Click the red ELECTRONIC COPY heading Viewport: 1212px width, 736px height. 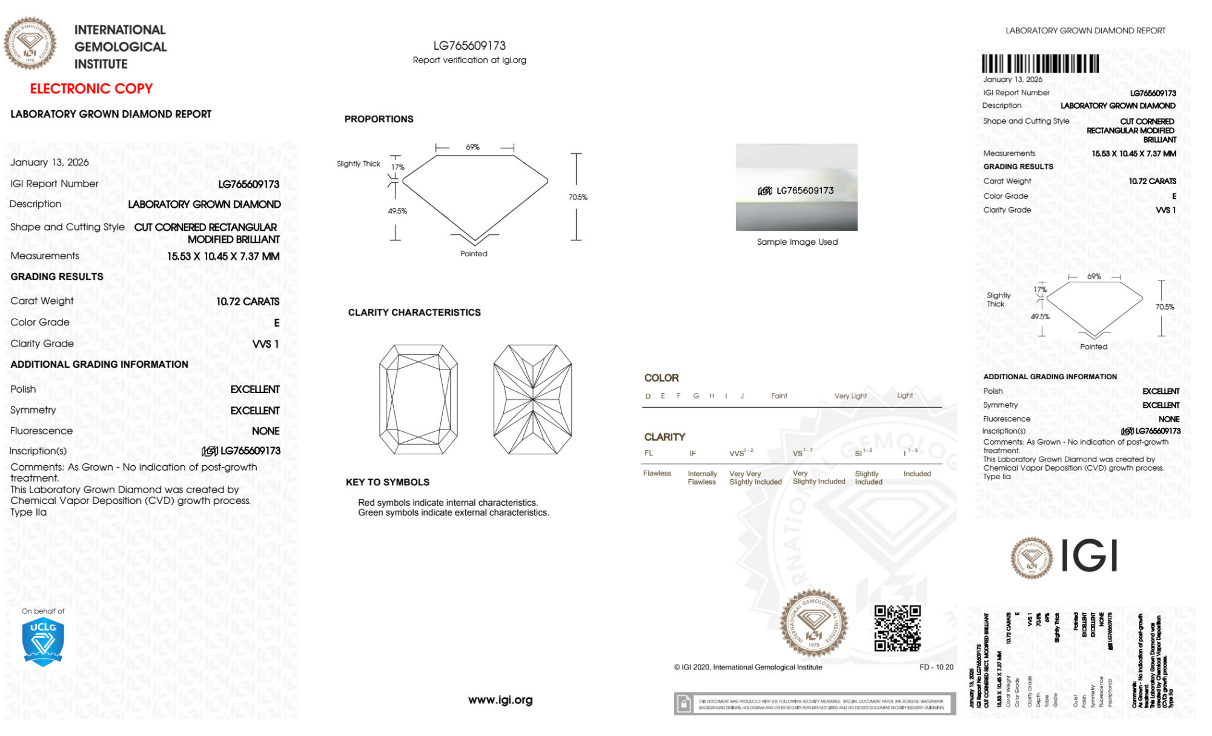click(x=91, y=89)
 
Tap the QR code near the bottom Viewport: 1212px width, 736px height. click(x=897, y=628)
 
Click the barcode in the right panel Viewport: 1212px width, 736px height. click(x=1040, y=64)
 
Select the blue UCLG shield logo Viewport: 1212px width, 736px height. click(x=43, y=642)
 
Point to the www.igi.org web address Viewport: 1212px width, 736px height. click(x=500, y=700)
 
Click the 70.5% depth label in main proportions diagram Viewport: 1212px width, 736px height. click(x=578, y=197)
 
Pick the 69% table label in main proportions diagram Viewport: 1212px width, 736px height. click(x=472, y=147)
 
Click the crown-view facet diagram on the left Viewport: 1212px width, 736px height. click(x=419, y=399)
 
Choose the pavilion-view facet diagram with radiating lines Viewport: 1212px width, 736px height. click(x=532, y=399)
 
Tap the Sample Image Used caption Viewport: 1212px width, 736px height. click(x=797, y=242)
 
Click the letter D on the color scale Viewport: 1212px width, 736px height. click(x=648, y=396)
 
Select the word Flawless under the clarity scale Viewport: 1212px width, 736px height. click(x=657, y=474)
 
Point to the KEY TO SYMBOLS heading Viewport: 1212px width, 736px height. click(x=388, y=482)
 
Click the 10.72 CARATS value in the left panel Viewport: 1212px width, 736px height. click(x=248, y=302)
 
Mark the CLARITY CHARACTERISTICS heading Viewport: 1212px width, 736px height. click(x=414, y=313)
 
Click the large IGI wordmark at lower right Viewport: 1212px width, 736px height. click(x=1090, y=556)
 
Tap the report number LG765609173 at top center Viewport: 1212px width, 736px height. click(x=469, y=46)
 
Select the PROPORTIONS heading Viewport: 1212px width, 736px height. click(x=379, y=119)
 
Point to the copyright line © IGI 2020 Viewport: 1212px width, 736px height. click(x=748, y=668)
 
